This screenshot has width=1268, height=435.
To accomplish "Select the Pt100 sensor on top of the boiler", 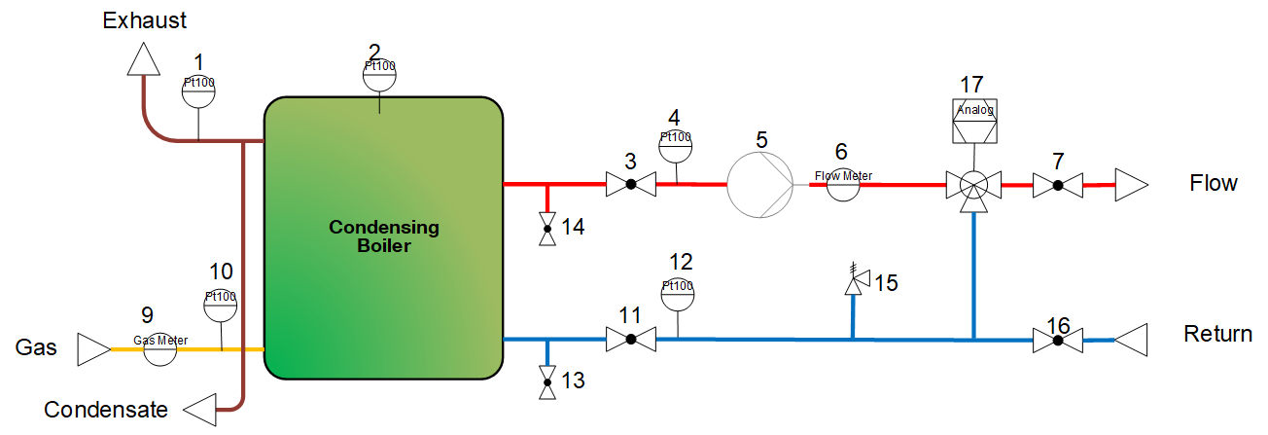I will [380, 75].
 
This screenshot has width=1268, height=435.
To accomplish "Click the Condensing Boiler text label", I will [384, 236].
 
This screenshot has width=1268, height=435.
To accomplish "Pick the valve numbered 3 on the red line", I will [630, 184].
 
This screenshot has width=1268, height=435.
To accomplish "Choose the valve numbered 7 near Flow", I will [1057, 184].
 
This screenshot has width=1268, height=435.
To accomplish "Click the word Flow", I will [1213, 183].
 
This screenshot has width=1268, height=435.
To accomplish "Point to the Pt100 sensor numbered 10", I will [221, 306].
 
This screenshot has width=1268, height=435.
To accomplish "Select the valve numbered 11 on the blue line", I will [630, 340].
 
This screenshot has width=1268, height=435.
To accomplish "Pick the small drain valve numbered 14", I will [547, 228].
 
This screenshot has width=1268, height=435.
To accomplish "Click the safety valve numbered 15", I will [855, 282].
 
